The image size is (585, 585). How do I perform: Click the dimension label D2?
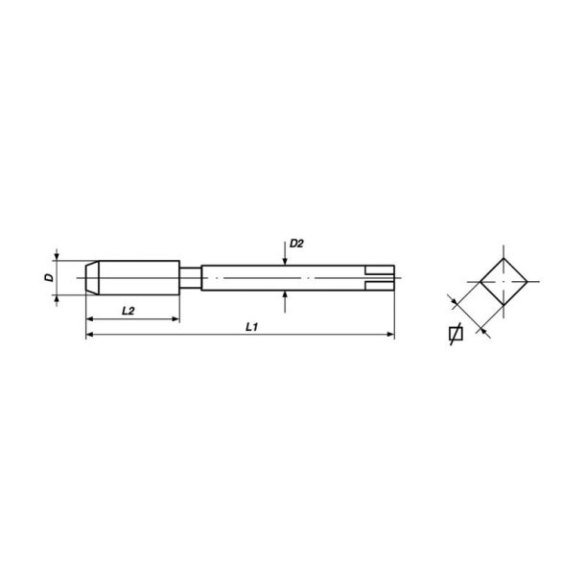click(296, 245)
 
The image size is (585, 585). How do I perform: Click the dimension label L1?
click(252, 326)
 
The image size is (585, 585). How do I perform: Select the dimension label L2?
click(128, 310)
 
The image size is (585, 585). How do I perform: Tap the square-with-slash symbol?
click(456, 335)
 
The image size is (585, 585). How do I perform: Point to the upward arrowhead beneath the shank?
click(286, 296)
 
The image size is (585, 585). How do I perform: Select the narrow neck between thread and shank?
click(191, 278)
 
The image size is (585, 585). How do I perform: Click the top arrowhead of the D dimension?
click(58, 257)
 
